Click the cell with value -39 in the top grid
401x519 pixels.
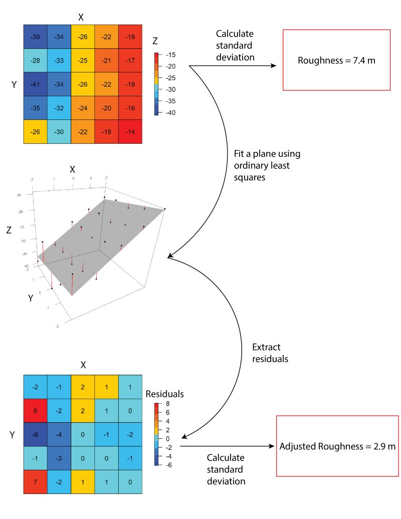(x=35, y=37)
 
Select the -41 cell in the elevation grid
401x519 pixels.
(x=35, y=84)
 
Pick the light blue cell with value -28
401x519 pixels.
(x=35, y=61)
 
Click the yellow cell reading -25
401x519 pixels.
(x=83, y=61)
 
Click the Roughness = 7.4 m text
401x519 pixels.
(x=336, y=61)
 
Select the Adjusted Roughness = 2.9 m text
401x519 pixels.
(x=337, y=446)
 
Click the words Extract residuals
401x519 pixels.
(x=271, y=354)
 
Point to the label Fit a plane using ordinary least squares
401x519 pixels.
(x=267, y=165)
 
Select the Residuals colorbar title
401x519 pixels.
(x=164, y=394)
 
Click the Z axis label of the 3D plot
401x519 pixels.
(x=9, y=230)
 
